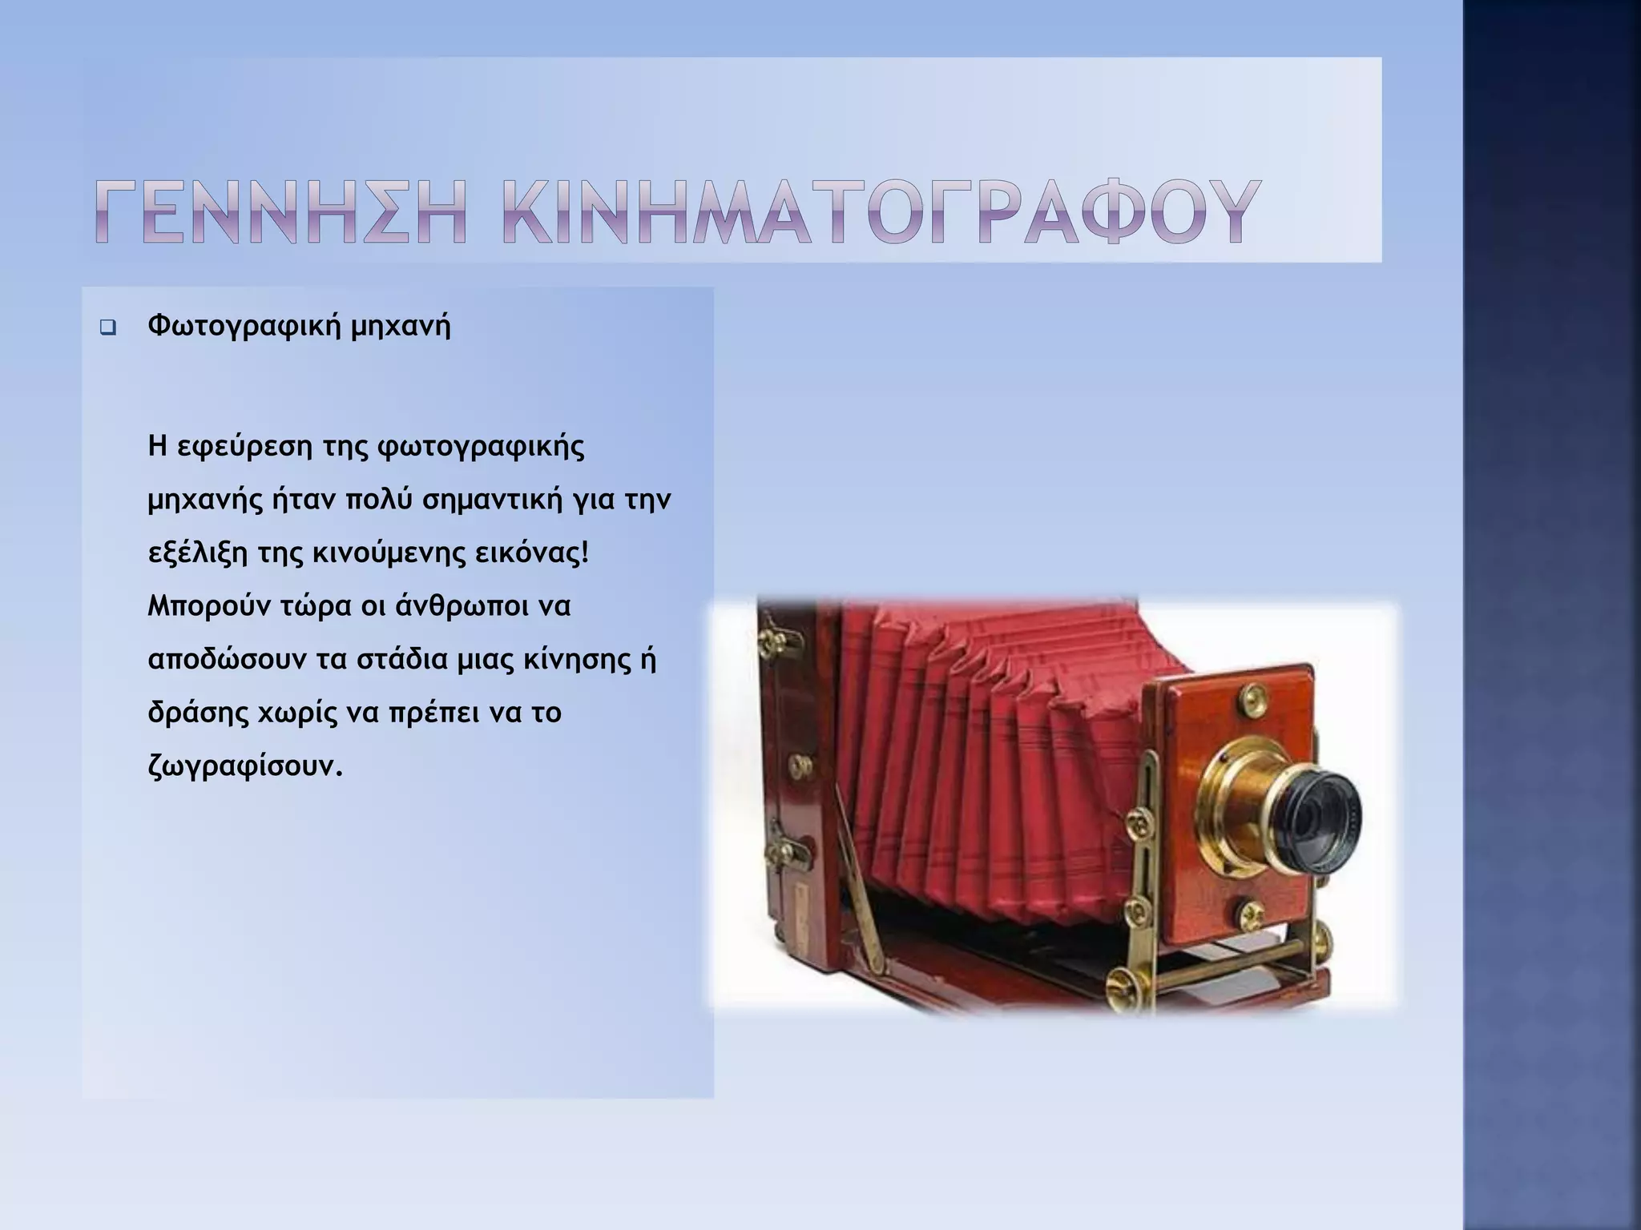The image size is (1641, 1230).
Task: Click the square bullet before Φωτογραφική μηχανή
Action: coord(107,328)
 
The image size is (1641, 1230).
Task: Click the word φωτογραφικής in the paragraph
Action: coord(480,447)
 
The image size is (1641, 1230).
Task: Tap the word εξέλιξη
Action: coord(199,553)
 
